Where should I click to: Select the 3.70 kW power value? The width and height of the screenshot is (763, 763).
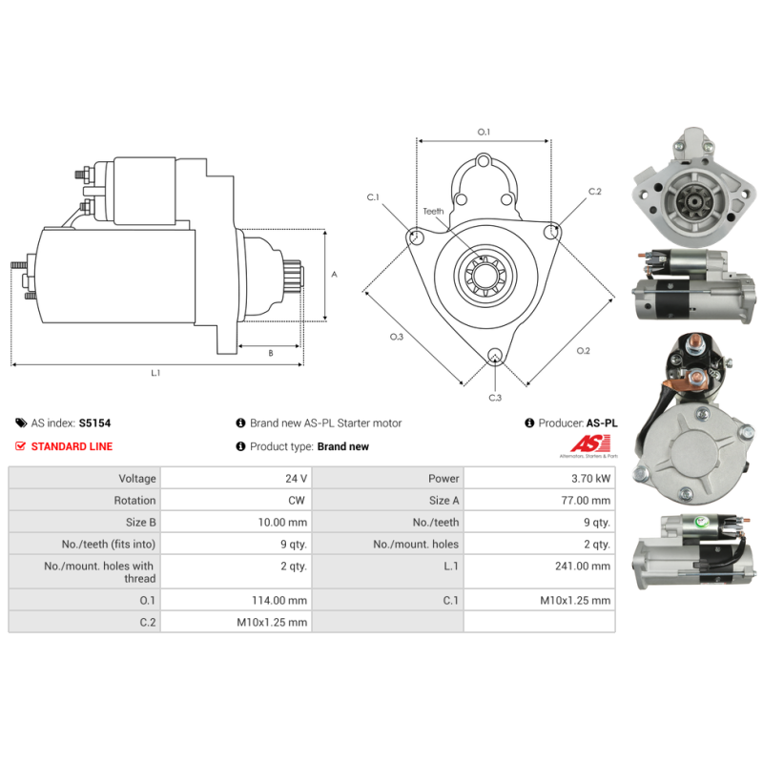[x=590, y=479]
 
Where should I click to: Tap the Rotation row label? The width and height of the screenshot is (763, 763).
[x=134, y=500]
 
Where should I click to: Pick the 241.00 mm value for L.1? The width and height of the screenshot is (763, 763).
[x=583, y=566]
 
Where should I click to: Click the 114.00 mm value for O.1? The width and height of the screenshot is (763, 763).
[x=279, y=601]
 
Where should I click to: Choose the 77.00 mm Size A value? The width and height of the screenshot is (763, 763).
[x=586, y=500]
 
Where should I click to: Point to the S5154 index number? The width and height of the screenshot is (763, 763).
[x=94, y=423]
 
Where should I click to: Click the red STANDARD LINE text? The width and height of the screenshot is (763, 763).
[x=72, y=446]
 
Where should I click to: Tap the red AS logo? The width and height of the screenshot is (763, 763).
[x=589, y=443]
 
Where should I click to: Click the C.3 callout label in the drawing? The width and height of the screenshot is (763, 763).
[x=495, y=398]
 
